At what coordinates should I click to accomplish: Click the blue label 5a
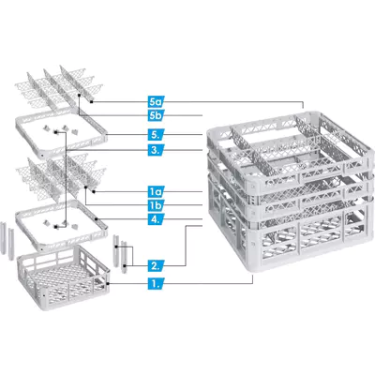(156, 101)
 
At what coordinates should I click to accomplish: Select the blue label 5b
(156, 115)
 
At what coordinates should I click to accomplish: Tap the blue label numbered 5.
(156, 135)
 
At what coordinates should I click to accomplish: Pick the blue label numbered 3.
(156, 150)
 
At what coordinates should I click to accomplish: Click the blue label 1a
(156, 191)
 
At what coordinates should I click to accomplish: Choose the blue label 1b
(156, 205)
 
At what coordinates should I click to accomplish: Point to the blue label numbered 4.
(156, 218)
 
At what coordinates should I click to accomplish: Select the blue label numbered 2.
(156, 266)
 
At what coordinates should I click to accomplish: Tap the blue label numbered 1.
(156, 283)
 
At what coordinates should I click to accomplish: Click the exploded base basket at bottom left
(64, 277)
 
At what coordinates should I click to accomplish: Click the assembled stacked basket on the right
(291, 190)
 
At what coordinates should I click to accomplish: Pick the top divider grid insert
(59, 86)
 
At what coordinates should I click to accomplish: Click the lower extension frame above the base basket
(61, 226)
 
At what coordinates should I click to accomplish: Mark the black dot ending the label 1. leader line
(108, 283)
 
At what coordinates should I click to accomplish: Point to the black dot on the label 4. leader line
(97, 218)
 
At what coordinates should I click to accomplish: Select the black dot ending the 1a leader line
(93, 191)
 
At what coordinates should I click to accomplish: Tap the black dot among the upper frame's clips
(55, 133)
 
